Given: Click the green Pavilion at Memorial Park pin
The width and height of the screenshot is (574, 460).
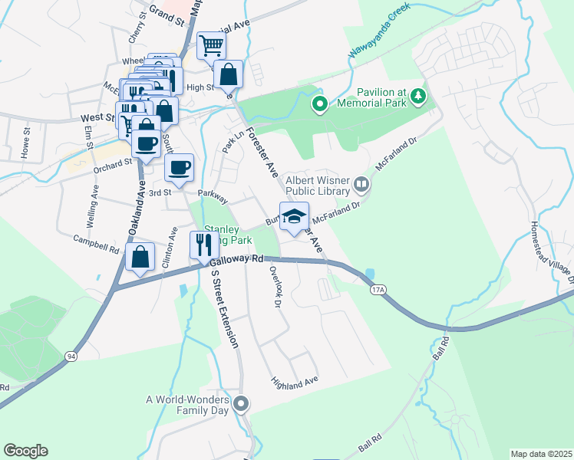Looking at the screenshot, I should click(x=319, y=103).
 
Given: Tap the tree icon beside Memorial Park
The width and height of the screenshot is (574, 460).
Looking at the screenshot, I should click(x=418, y=96).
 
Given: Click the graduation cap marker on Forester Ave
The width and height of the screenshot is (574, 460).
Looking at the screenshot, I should click(x=293, y=218).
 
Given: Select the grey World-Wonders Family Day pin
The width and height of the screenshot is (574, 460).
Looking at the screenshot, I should click(x=242, y=403).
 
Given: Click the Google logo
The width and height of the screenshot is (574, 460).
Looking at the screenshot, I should click(x=25, y=451).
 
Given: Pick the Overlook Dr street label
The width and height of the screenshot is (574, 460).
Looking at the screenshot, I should click(x=272, y=285).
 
